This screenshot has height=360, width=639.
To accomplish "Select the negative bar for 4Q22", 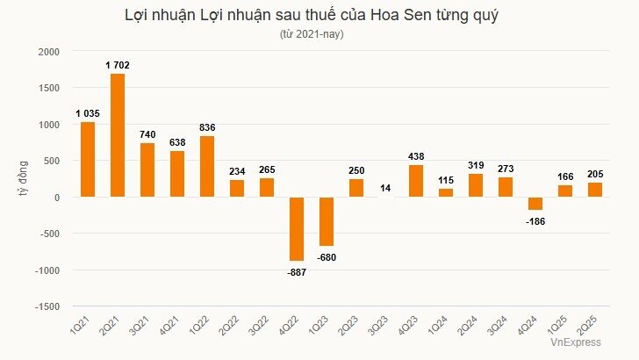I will point(296,229).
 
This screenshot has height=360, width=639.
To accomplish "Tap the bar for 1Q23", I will point(326,221).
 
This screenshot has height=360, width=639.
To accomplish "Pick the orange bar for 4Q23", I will point(415,181).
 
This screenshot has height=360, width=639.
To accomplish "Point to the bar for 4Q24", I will point(535,204).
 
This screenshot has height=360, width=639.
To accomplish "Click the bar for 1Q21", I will point(87,159).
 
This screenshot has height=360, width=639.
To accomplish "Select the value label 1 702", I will point(118,65).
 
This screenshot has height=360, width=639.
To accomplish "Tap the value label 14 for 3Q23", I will point(385,188).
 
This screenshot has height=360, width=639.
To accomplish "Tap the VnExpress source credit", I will point(575,342).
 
